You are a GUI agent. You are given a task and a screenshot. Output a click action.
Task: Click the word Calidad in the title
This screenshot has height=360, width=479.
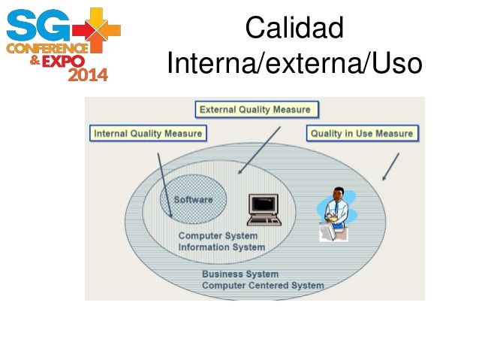click(294, 29)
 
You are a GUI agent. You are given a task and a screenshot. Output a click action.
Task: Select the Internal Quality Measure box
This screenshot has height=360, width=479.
click(148, 134)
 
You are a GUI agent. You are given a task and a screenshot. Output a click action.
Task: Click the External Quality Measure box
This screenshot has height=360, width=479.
click(255, 110)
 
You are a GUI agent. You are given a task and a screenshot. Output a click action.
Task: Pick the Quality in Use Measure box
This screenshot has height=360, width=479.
click(362, 134)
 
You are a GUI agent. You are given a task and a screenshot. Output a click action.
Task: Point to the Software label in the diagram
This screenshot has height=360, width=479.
click(193, 199)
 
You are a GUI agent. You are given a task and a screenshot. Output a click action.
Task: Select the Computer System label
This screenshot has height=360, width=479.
click(218, 236)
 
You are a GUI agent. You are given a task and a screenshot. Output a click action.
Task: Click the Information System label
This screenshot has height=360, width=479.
click(221, 247)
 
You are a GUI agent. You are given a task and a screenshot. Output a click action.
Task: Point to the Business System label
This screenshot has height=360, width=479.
click(239, 274)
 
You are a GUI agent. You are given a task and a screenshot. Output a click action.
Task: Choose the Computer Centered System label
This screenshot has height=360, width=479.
click(263, 286)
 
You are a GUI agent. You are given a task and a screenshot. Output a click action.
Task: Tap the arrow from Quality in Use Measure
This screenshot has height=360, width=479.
click(390, 167)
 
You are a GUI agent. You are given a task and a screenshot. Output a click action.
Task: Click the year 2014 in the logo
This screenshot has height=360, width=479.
click(88, 74)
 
